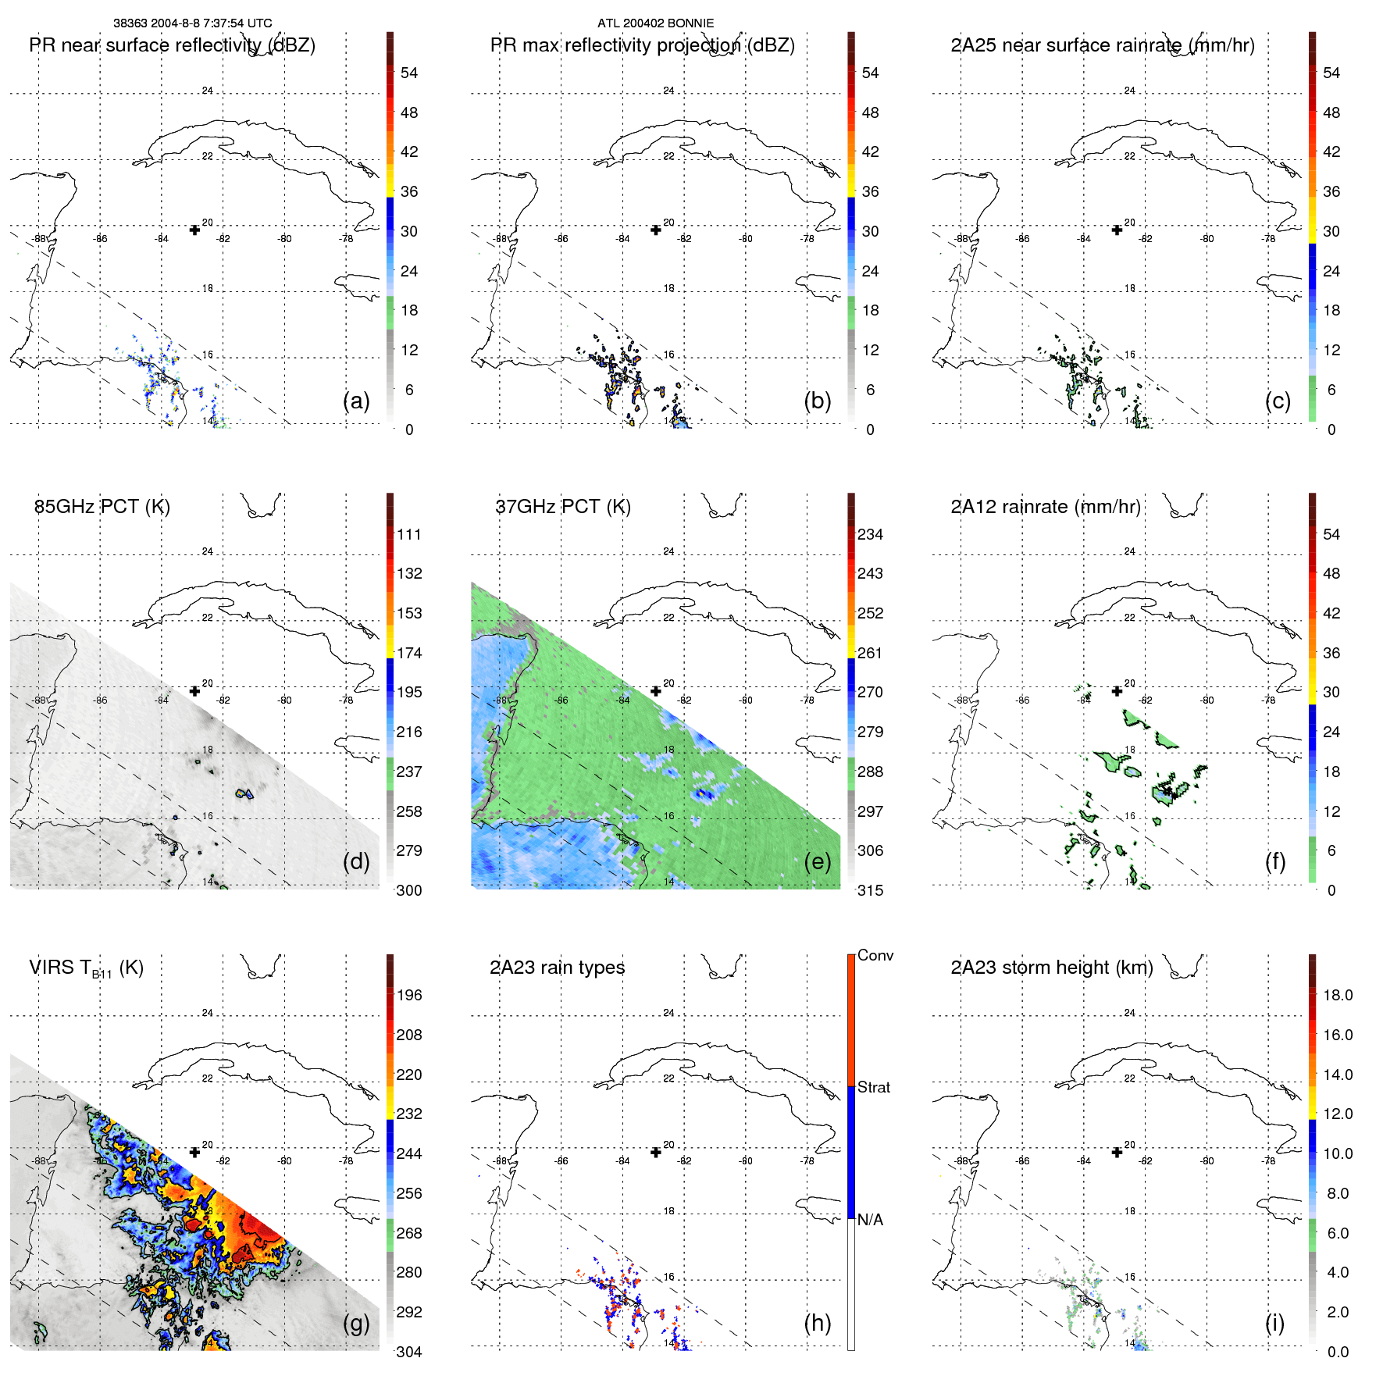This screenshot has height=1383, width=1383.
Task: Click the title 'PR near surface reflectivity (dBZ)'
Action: pos(172,45)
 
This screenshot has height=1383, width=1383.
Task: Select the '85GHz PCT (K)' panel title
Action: pos(102,507)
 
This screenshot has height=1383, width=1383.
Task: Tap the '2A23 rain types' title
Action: pos(557,968)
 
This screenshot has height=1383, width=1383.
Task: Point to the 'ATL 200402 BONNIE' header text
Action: pos(655,23)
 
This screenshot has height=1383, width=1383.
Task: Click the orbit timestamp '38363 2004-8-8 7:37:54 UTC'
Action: pos(192,23)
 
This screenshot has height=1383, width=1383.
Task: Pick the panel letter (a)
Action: pos(356,401)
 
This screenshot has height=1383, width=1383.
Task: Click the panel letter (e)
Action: pos(817,861)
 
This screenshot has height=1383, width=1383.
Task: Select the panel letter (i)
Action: pos(1274,1323)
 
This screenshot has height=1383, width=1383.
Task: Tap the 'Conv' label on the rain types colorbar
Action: pos(875,955)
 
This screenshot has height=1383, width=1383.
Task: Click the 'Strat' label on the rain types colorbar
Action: pos(873,1087)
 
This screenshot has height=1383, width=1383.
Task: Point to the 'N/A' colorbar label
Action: pos(870,1220)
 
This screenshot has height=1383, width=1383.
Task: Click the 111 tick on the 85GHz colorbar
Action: pos(408,534)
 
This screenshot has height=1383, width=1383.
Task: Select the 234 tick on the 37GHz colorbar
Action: pos(870,534)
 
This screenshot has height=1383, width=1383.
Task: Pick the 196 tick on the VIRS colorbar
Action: pos(408,995)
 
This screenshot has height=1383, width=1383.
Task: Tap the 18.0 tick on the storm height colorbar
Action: pos(1337,995)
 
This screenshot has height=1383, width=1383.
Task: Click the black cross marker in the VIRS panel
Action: pos(194,1152)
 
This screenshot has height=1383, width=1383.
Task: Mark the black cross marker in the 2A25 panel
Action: pos(1117,230)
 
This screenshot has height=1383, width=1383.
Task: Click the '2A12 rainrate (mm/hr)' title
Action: pos(1045,507)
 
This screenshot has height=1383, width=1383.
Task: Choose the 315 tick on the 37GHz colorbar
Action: pos(870,890)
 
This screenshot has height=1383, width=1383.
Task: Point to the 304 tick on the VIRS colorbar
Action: pos(408,1352)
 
